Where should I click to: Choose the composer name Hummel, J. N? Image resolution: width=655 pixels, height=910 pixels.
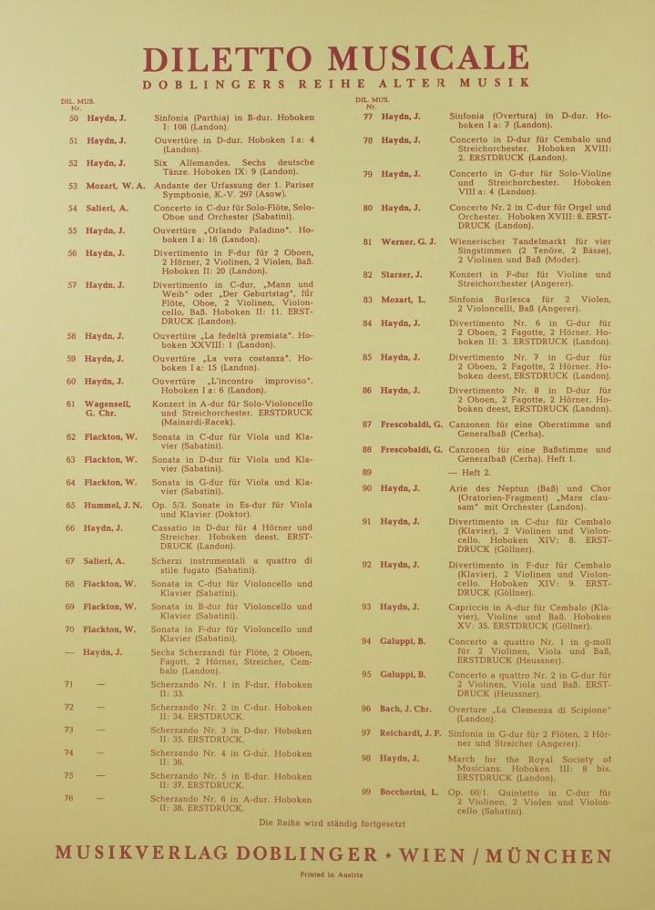pyautogui.click(x=115, y=506)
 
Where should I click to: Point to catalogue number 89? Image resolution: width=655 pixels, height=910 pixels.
pyautogui.click(x=367, y=473)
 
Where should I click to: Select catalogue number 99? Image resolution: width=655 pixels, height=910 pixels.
pyautogui.click(x=366, y=792)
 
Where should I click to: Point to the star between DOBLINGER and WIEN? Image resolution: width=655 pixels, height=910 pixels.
pyautogui.click(x=390, y=855)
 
